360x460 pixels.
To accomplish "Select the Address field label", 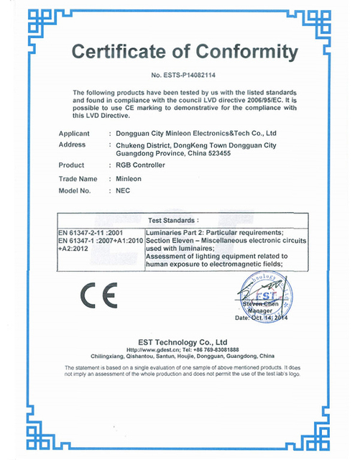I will [72, 144].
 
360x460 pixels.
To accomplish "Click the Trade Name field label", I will [77, 178].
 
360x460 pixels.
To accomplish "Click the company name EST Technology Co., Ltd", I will [178, 342].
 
